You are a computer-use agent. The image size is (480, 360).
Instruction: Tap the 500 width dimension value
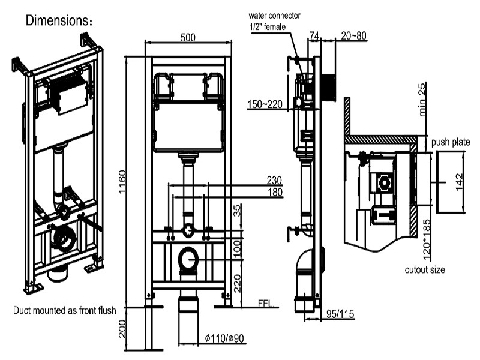[x=188, y=37]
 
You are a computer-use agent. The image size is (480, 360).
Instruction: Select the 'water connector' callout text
[x=275, y=14]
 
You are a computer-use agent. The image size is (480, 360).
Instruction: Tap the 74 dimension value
[x=314, y=36]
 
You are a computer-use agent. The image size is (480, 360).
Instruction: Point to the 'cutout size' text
[x=425, y=270]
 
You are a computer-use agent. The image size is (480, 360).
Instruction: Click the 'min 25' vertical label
[x=423, y=99]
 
